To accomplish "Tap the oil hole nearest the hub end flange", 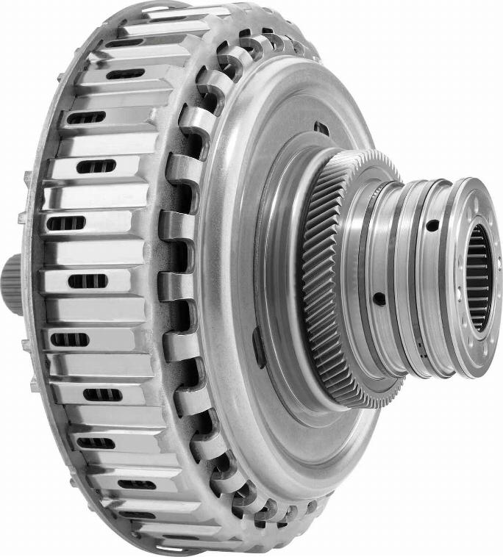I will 433,226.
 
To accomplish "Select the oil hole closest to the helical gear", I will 379,298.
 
